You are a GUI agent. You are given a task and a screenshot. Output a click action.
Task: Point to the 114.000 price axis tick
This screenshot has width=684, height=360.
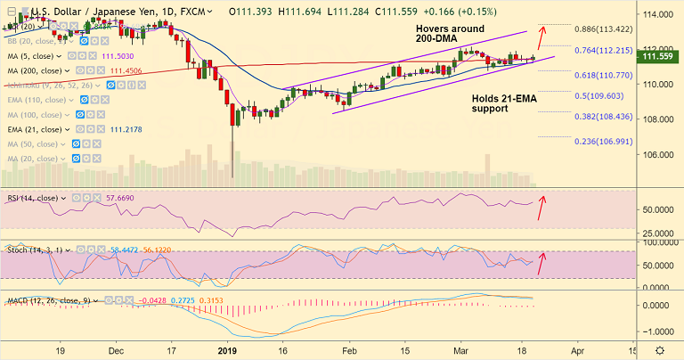[x=658, y=15]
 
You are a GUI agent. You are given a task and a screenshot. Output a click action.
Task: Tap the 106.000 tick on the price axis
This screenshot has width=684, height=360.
[x=658, y=154]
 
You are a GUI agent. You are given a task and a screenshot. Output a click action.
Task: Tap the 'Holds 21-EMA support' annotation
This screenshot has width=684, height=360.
[x=503, y=102]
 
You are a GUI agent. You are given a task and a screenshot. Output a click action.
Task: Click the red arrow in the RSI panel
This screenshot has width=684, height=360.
[x=541, y=209]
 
